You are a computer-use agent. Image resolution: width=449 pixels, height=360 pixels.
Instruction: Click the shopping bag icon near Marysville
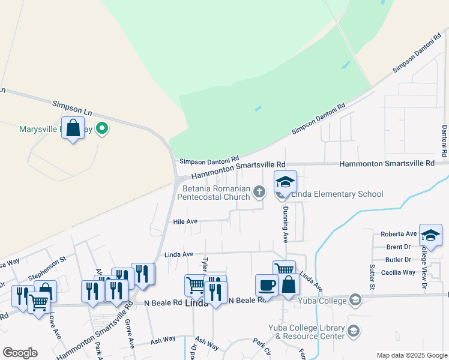(x=73, y=128)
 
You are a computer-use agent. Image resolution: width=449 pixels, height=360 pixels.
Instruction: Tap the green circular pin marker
(x=102, y=128)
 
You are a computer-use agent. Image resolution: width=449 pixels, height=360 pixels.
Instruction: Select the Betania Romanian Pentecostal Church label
(x=216, y=193)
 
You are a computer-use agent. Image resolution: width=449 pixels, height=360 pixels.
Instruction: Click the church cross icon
(x=259, y=192)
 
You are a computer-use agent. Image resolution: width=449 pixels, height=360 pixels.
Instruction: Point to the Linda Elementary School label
(x=337, y=194)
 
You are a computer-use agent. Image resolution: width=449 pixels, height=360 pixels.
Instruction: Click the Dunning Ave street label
(x=286, y=224)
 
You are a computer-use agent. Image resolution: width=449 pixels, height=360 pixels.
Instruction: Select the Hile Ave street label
(x=185, y=221)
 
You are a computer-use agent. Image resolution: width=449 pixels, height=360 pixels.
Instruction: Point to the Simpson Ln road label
(x=72, y=107)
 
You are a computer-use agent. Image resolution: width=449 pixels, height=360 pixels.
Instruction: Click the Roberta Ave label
(x=399, y=234)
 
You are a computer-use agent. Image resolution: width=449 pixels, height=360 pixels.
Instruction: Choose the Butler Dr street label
(x=399, y=260)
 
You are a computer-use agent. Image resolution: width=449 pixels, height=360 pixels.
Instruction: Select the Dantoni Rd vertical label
(x=445, y=142)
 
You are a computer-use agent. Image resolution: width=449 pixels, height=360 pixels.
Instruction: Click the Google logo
(x=20, y=353)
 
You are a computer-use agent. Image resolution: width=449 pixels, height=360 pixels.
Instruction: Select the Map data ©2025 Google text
(x=411, y=355)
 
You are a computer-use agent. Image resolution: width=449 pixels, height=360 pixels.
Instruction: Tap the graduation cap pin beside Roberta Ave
(x=430, y=235)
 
